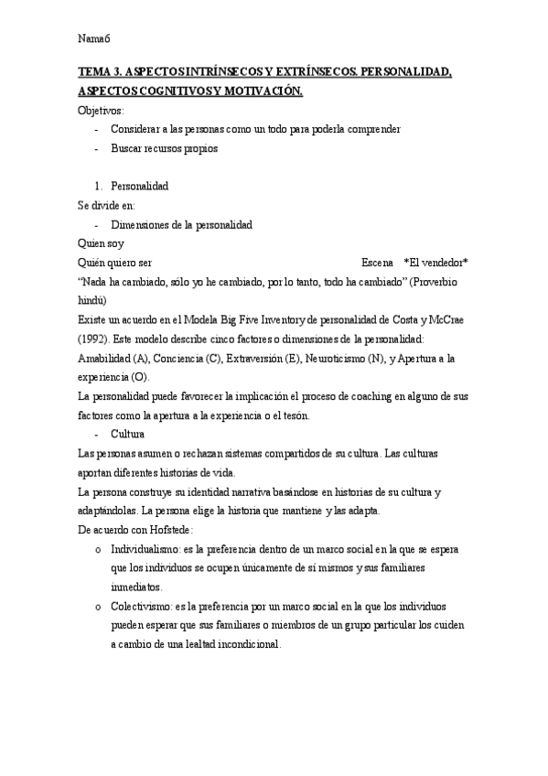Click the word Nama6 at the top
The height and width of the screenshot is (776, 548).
[x=93, y=38]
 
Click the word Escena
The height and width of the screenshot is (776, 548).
[x=378, y=263]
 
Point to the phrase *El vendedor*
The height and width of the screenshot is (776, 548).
[x=435, y=263]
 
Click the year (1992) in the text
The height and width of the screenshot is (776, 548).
[x=96, y=339]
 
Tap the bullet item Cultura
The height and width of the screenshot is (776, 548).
[x=128, y=434]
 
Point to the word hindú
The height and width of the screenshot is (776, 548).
[x=92, y=300]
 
